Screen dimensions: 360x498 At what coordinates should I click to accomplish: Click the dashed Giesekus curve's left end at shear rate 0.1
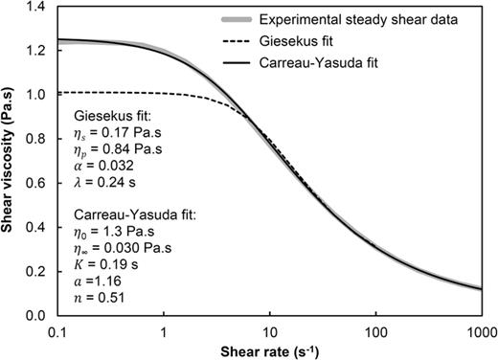tap(60, 93)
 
